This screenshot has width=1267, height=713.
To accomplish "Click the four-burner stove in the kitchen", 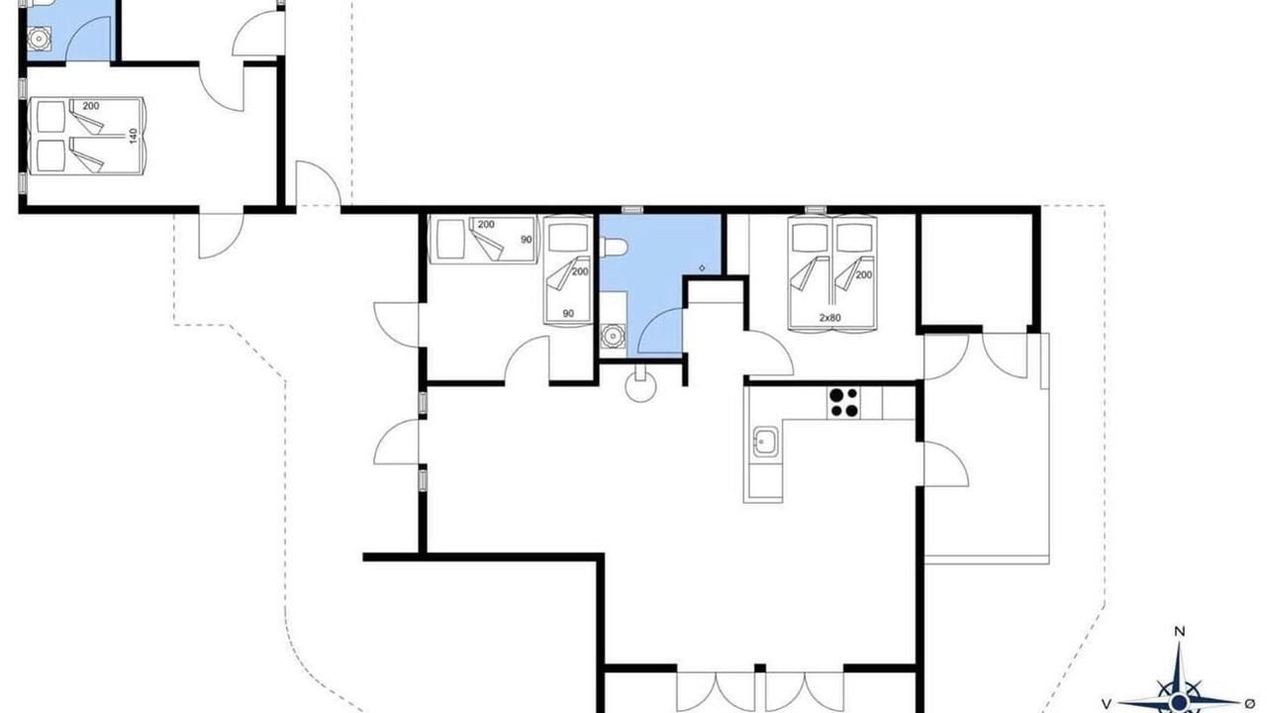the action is [843, 402].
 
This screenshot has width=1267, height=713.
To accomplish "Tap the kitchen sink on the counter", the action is [765, 442].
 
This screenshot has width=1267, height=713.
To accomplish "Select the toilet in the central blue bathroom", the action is [614, 248].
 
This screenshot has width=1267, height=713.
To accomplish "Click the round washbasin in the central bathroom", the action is [612, 336].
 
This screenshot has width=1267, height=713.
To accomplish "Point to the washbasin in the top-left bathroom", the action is [39, 39].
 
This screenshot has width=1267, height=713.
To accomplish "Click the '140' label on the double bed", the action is [134, 136].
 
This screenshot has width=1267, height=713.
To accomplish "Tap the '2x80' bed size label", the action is [829, 318].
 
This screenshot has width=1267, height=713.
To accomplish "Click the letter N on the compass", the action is [1180, 632].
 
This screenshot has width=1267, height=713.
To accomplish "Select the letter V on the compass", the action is [1107, 704].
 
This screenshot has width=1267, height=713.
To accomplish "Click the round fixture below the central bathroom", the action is [640, 388].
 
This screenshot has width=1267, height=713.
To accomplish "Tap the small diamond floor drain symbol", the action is [703, 268].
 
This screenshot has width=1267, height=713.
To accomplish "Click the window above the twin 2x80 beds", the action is [815, 210].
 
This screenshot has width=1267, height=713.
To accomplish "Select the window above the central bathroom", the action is [633, 210].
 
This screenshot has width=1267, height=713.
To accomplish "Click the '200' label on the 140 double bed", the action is [90, 106].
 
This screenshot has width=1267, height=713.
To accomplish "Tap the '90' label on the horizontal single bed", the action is [526, 240].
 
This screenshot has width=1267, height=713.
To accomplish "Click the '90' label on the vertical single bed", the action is [568, 314].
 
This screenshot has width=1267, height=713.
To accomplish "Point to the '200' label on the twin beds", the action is [864, 275].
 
